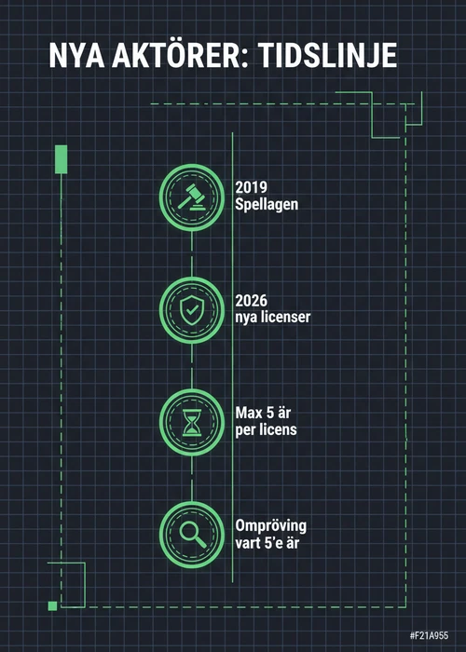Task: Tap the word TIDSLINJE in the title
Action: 327,55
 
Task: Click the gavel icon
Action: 192,197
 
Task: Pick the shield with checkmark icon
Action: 192,310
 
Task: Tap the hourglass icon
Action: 192,423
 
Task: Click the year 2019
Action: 252,187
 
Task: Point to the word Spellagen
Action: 267,205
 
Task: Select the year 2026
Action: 252,300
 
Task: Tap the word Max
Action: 249,413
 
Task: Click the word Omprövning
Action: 271,526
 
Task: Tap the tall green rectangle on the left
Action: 62,159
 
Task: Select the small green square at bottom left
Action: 52,605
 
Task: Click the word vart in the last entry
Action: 249,543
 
